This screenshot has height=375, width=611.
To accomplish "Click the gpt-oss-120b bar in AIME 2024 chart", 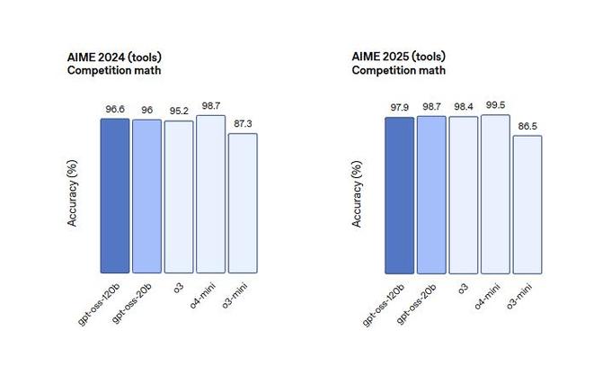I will (x=115, y=195).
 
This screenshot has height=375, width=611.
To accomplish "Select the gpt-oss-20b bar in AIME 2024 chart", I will (x=146, y=196).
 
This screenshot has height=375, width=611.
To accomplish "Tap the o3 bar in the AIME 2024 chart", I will (x=179, y=197).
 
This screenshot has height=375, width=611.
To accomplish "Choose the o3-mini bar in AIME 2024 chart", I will (x=243, y=203).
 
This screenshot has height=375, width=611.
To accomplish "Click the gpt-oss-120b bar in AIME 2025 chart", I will (x=399, y=194).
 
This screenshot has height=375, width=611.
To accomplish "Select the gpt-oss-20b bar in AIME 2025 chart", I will (x=431, y=193).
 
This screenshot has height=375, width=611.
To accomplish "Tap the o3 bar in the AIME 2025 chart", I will (x=463, y=194).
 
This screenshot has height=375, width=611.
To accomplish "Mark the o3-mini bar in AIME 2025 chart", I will (x=527, y=204).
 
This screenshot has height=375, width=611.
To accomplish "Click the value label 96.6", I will (x=115, y=110).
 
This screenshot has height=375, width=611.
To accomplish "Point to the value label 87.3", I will (x=243, y=124).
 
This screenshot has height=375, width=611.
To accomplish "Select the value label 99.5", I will (x=495, y=105).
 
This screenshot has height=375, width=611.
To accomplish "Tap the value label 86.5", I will (x=527, y=127).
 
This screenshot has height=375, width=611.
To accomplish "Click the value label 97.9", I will (x=399, y=108).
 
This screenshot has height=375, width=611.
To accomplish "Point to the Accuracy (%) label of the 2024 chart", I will (x=73, y=194).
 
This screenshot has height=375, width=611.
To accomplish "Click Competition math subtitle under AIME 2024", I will (x=115, y=71).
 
